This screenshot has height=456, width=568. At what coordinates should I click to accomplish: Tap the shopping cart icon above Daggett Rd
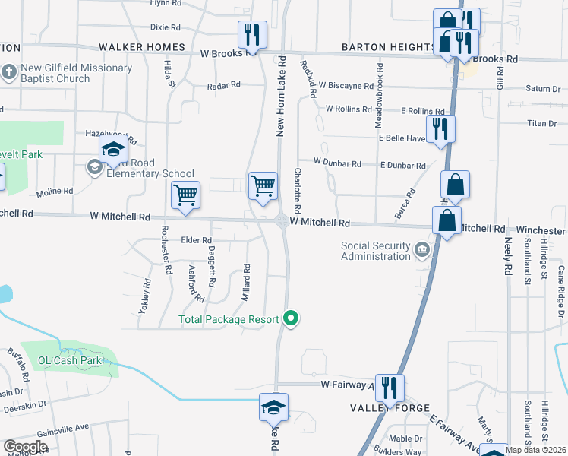coord(185,196)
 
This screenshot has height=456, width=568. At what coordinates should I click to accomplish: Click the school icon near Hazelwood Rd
coord(112,150)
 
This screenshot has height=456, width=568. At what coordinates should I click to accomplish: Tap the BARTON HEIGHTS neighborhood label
coord(388,47)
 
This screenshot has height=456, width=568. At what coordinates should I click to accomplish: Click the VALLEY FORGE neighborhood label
coord(380,408)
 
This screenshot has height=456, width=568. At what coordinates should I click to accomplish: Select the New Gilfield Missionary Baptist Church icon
coord(9,73)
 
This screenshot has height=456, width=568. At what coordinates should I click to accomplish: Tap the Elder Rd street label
coord(195,240)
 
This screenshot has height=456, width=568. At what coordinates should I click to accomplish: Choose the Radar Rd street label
coord(224,86)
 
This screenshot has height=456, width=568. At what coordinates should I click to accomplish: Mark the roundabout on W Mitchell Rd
coord(281,221)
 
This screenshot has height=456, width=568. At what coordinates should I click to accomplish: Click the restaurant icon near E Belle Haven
coord(440,129)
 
